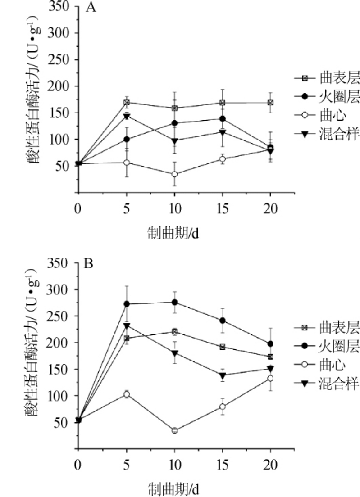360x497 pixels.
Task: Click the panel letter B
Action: [89, 263]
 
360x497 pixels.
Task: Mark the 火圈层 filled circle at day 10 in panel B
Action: [175, 302]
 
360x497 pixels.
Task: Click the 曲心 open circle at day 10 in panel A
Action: [175, 174]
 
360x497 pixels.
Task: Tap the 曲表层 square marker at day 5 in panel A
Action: [127, 103]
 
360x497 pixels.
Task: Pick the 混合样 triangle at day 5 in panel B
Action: [127, 325]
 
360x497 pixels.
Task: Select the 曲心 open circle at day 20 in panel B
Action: [270, 378]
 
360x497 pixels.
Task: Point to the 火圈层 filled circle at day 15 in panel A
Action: [223, 119]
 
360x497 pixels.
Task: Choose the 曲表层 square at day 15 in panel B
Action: [223, 347]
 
